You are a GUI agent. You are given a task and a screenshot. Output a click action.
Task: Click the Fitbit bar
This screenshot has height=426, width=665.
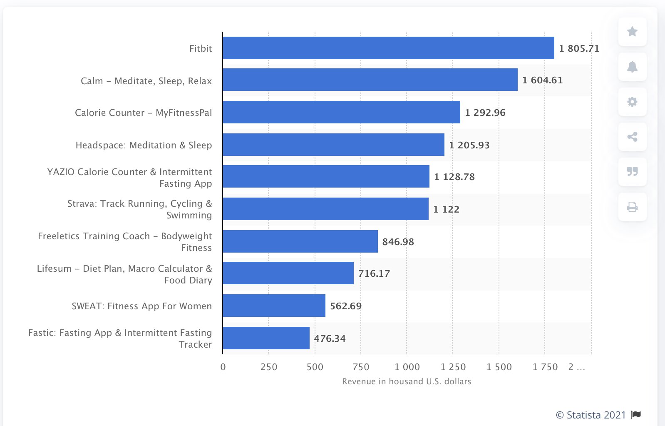(x=388, y=48)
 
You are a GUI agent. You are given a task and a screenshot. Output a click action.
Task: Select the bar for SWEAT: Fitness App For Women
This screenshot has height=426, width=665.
(x=274, y=306)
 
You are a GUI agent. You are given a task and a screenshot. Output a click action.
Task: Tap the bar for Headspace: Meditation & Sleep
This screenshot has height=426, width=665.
(x=333, y=145)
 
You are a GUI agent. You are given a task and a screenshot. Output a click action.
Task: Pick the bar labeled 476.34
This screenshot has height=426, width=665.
(x=266, y=338)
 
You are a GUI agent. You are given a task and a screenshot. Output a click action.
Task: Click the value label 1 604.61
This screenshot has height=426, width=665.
(x=542, y=80)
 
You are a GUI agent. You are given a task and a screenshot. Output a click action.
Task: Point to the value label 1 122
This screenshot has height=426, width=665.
(x=446, y=209)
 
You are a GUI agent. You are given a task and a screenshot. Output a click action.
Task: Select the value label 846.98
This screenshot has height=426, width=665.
(x=398, y=242)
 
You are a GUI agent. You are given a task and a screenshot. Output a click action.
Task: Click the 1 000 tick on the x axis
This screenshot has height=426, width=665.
(x=407, y=367)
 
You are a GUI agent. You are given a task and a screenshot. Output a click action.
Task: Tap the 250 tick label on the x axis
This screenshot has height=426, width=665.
(x=269, y=367)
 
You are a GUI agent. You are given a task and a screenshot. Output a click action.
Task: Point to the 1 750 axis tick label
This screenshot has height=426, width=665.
(x=545, y=367)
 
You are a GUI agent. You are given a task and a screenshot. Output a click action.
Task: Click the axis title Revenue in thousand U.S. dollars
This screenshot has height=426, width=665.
(x=407, y=381)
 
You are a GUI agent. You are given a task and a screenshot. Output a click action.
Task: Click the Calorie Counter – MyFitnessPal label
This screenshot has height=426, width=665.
(x=143, y=113)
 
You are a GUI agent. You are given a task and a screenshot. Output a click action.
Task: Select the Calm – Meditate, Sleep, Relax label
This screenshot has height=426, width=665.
(x=146, y=81)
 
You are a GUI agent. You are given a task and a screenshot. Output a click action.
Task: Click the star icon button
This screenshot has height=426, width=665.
(x=632, y=32)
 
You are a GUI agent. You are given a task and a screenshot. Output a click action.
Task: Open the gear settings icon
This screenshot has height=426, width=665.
(x=632, y=102)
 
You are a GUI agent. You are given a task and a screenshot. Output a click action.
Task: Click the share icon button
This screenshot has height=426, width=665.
(x=632, y=137)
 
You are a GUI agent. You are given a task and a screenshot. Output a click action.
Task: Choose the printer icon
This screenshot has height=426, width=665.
(x=632, y=207)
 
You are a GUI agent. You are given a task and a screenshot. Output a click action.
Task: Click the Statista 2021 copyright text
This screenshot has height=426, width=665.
(x=591, y=415)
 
